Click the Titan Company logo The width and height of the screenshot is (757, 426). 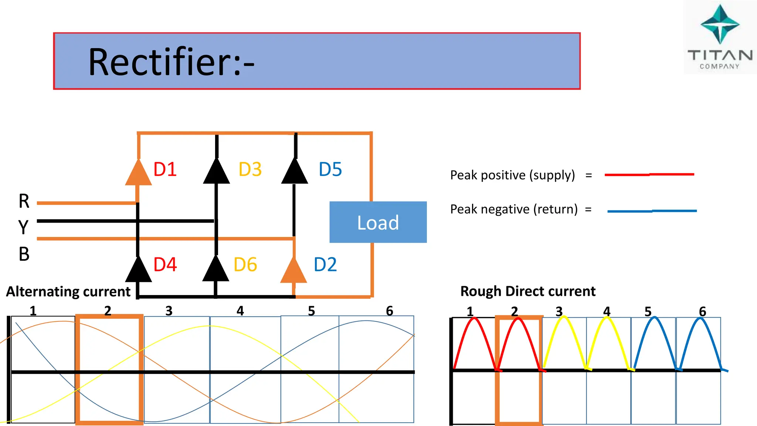coord(720,37)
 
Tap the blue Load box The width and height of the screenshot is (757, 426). coord(378,222)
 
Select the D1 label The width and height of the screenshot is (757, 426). coord(165,169)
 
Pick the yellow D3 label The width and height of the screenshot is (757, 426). coord(250,169)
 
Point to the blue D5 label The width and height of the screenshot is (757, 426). coord(330,169)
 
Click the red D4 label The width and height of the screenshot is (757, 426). coord(165,264)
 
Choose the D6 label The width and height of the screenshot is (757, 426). coord(245,264)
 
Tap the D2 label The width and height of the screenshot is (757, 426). coord(325,264)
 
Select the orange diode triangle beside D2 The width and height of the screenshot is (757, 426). coord(294,271)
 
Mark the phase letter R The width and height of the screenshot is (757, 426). coord(24,201)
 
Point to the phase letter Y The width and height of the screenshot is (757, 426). coord(23,227)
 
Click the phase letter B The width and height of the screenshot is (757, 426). coord(24,254)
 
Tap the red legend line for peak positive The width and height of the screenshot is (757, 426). coord(649,175)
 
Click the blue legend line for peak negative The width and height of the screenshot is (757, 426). coord(652,211)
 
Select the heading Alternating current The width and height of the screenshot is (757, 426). coord(68,292)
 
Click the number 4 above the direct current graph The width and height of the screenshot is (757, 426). coord(607,311)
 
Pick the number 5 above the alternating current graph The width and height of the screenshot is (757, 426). coord(311,311)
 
